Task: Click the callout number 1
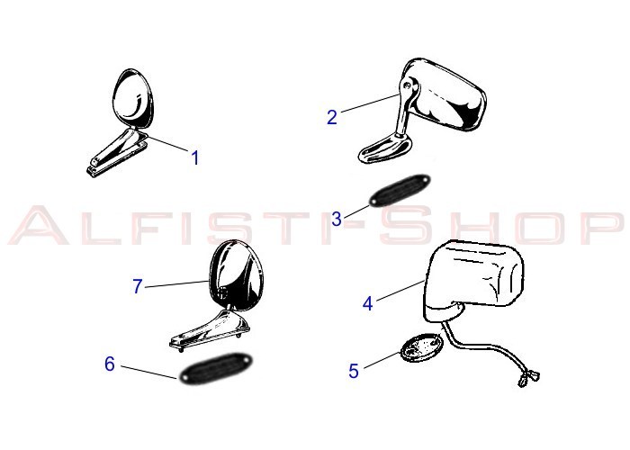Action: pyautogui.click(x=195, y=157)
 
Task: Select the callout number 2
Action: pyautogui.click(x=332, y=117)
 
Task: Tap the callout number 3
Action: pyautogui.click(x=337, y=219)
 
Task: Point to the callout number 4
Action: pyautogui.click(x=367, y=303)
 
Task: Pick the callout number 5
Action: pyautogui.click(x=354, y=371)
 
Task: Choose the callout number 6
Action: pyautogui.click(x=110, y=364)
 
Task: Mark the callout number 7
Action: pyautogui.click(x=138, y=286)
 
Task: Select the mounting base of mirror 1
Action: pyautogui.click(x=117, y=153)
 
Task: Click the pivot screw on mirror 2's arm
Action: pyautogui.click(x=408, y=85)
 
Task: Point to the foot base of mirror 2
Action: pyautogui.click(x=385, y=149)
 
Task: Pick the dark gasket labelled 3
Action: pyautogui.click(x=400, y=191)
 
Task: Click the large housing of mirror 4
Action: pyautogui.click(x=474, y=281)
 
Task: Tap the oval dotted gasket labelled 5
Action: pyautogui.click(x=422, y=347)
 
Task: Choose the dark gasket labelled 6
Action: pyautogui.click(x=215, y=368)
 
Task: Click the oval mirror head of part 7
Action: pyautogui.click(x=236, y=275)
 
